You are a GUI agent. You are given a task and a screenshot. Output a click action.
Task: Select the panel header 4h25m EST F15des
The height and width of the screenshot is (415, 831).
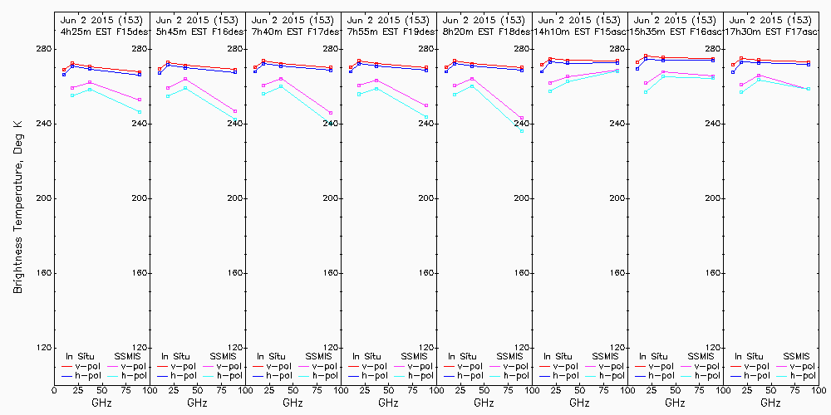pyautogui.click(x=101, y=31)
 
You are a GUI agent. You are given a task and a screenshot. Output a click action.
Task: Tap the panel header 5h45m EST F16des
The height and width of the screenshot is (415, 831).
pyautogui.click(x=197, y=31)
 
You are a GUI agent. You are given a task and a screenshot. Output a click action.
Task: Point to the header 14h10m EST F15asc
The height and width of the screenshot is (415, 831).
pyautogui.click(x=579, y=31)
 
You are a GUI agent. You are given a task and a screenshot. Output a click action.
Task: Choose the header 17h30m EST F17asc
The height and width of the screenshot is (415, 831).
pyautogui.click(x=770, y=31)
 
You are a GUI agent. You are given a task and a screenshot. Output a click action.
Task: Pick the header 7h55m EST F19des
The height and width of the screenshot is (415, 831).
pyautogui.click(x=388, y=31)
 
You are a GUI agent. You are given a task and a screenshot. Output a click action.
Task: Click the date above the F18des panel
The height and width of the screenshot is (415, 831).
pyautogui.click(x=484, y=19)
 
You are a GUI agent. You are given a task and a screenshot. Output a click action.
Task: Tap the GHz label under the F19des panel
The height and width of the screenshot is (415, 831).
pyautogui.click(x=388, y=403)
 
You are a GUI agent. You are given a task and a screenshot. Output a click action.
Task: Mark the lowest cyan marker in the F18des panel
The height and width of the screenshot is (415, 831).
pyautogui.click(x=522, y=130)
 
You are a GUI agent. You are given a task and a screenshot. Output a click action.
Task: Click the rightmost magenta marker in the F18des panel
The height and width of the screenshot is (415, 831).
pyautogui.click(x=522, y=118)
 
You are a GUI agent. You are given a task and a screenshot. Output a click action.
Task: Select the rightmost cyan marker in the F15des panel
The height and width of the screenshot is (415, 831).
pyautogui.click(x=140, y=112)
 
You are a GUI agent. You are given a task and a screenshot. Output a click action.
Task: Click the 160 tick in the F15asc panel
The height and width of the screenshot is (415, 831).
pyautogui.click(x=617, y=273)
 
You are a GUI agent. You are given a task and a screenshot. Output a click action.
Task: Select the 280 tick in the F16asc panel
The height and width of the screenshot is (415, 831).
pyautogui.click(x=712, y=49)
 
